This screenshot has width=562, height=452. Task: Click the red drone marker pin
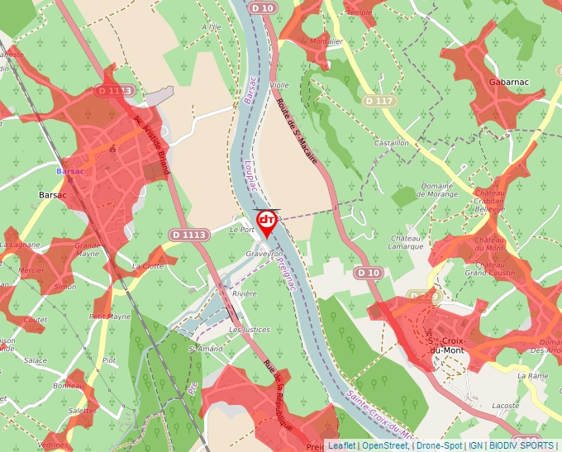pyautogui.click(x=267, y=221)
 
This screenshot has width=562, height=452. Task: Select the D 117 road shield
pyautogui.click(x=379, y=101)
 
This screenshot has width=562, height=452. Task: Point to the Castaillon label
pyautogui.click(x=392, y=143)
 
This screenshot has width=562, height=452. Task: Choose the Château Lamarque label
pyautogui.click(x=407, y=241)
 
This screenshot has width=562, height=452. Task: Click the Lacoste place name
pyautogui.click(x=505, y=406)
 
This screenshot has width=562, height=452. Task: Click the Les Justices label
pyautogui.click(x=250, y=330)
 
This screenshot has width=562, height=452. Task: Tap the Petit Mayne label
pyautogui.click(x=110, y=316)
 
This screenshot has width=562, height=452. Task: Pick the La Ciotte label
pyautogui.click(x=148, y=266)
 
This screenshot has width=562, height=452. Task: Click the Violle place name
pyautogui.click(x=279, y=85)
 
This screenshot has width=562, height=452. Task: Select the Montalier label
pyautogui.click(x=326, y=41)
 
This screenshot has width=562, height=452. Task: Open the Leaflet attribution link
pyautogui.click(x=342, y=445)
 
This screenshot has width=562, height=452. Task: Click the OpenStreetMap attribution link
pyautogui.click(x=384, y=445)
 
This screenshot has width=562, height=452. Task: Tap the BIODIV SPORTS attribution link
pyautogui.click(x=522, y=445)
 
